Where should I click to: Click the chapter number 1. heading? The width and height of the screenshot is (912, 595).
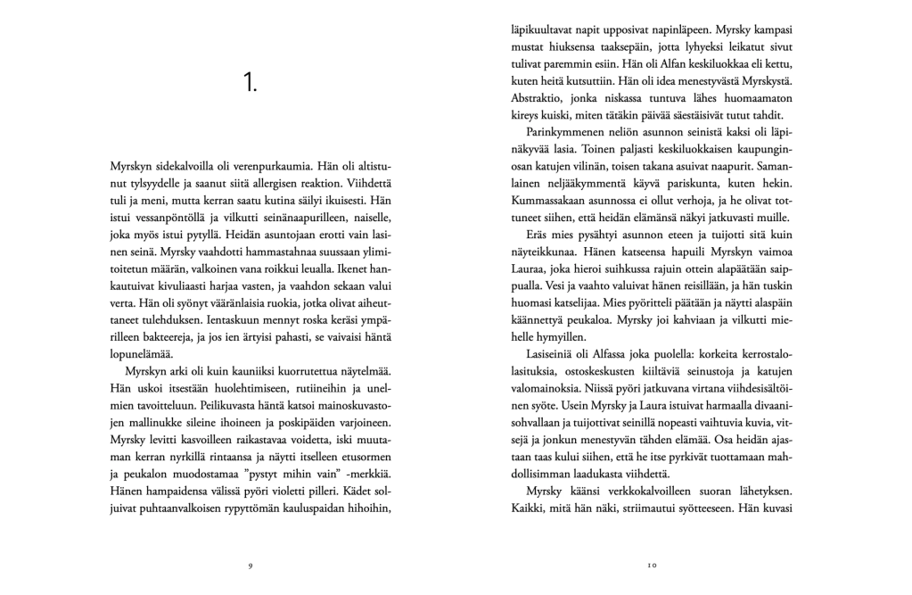pos(251,84)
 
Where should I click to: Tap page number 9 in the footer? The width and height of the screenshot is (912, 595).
pos(251,565)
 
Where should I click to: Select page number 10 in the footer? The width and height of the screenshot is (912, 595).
pos(652,565)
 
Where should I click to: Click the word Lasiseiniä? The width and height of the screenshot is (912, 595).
pos(543,354)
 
